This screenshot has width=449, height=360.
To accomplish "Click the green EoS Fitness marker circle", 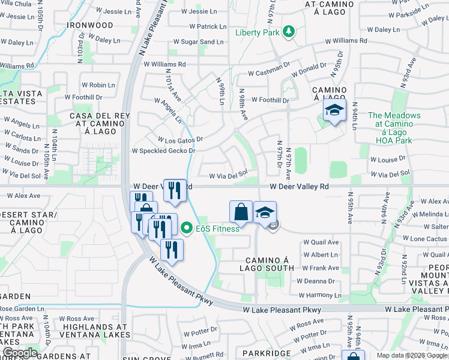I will (186, 228).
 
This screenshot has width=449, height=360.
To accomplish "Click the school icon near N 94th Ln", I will (335, 111).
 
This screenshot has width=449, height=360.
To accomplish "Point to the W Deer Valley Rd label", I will (299, 187).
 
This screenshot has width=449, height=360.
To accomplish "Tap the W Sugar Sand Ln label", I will (198, 42).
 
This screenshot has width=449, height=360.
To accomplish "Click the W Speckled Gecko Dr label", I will (163, 151).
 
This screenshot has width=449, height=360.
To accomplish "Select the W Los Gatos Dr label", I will (181, 139).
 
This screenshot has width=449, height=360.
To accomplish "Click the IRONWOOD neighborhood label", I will (90, 25).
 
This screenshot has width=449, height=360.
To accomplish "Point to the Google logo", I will (19, 353).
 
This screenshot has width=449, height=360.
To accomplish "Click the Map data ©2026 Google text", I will (411, 355).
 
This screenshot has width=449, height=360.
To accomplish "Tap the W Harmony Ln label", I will (319, 295).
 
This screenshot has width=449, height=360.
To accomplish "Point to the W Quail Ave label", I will (321, 242).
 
